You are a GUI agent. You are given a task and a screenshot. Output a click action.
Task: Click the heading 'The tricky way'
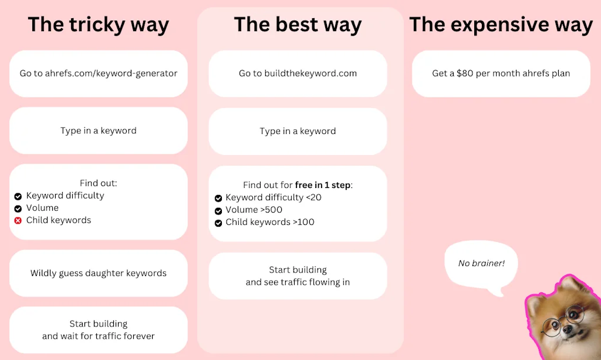point(98,25)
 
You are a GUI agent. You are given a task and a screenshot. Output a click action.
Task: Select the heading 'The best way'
point(298,25)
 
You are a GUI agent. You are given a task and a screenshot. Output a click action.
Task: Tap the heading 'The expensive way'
point(501,25)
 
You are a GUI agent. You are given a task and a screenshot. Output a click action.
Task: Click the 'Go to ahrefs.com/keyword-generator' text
point(99,73)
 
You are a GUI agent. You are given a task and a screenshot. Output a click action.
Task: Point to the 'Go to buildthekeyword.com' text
point(298,73)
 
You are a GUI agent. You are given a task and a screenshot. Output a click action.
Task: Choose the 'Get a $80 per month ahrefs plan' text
point(501,73)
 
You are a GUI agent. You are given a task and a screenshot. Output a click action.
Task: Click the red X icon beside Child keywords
point(18,221)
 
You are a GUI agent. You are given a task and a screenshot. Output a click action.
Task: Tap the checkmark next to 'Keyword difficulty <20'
point(218,198)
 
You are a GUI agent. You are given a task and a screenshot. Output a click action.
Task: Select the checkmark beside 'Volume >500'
point(218,211)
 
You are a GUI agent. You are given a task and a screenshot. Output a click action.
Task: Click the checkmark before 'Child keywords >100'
point(218,223)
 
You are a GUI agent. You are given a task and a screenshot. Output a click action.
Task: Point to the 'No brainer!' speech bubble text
point(481,263)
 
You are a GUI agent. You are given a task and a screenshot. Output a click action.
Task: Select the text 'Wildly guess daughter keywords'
point(99,273)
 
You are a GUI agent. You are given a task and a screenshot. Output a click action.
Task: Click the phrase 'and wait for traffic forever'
point(99,337)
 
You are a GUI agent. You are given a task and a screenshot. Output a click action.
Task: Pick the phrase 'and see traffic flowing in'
point(298,282)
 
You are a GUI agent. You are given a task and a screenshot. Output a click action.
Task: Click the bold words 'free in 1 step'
point(322,185)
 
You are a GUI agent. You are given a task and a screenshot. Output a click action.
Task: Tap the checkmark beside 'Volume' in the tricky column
point(18,208)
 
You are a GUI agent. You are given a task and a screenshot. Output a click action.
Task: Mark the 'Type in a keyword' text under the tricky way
point(99,130)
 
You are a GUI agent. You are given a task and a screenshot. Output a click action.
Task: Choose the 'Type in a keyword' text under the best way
point(298,131)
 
